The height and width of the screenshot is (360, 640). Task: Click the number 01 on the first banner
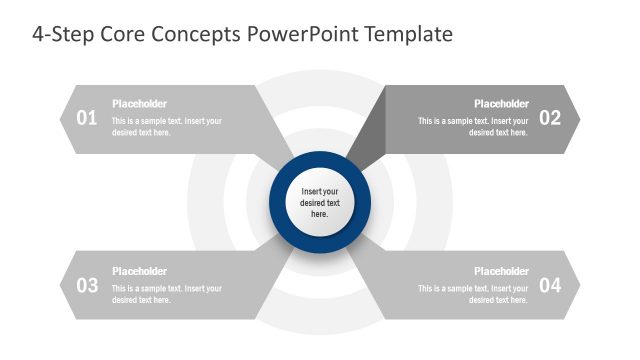pyautogui.click(x=87, y=118)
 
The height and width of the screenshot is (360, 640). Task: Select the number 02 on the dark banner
pyautogui.click(x=550, y=118)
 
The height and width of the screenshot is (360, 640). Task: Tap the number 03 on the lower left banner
pyautogui.click(x=87, y=285)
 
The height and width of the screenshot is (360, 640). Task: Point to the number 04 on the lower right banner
pyautogui.click(x=550, y=285)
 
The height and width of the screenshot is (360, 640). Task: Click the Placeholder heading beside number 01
pyautogui.click(x=139, y=104)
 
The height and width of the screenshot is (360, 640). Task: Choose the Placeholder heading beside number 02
pyautogui.click(x=501, y=104)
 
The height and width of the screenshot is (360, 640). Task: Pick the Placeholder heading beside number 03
pyautogui.click(x=139, y=271)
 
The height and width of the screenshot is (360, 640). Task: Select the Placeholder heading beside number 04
pyautogui.click(x=501, y=271)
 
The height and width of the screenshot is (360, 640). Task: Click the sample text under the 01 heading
pyautogui.click(x=166, y=127)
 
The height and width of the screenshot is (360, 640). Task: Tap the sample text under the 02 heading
pyautogui.click(x=474, y=127)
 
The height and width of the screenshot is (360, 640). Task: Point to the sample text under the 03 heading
pyautogui.click(x=166, y=294)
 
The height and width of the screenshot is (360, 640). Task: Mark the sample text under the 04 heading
pyautogui.click(x=474, y=294)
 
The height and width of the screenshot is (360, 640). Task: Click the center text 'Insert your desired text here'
pyautogui.click(x=320, y=202)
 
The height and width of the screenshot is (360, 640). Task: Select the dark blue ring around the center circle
pyautogui.click(x=320, y=160)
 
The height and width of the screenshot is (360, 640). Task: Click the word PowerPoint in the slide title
pyautogui.click(x=297, y=34)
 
